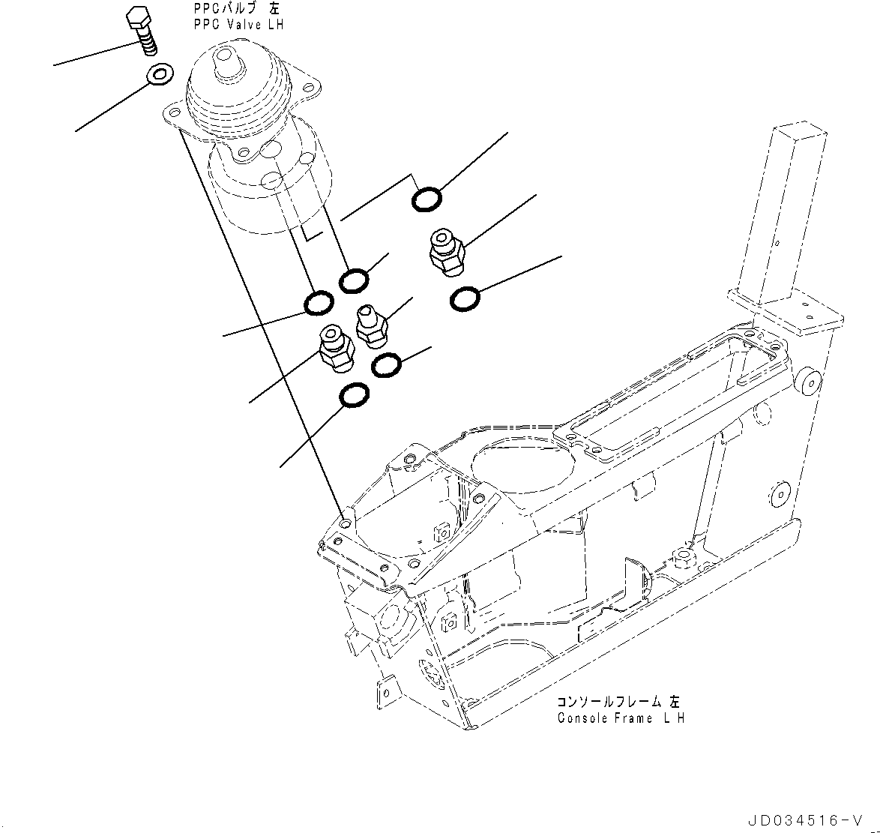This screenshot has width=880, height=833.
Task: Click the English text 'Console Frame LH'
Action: (x=620, y=718)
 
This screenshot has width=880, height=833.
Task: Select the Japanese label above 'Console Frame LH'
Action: (x=618, y=703)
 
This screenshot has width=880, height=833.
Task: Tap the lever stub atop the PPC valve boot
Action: (x=225, y=59)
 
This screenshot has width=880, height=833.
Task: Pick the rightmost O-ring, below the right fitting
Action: (x=465, y=299)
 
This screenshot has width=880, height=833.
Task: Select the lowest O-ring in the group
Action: (x=354, y=396)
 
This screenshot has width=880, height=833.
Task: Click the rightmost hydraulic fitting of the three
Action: (x=446, y=252)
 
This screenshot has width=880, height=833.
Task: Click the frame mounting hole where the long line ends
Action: (x=345, y=523)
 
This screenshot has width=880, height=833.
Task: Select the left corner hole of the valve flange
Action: (x=174, y=113)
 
